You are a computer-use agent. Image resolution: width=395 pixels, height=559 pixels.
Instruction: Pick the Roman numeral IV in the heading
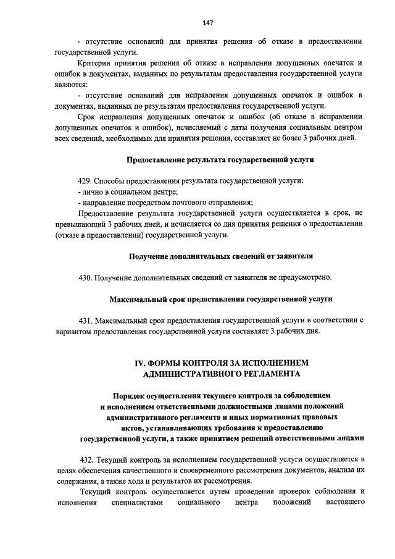pyautogui.click(x=131, y=363)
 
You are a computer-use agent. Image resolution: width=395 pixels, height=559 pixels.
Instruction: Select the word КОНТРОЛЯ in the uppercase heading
pyautogui.click(x=198, y=363)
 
